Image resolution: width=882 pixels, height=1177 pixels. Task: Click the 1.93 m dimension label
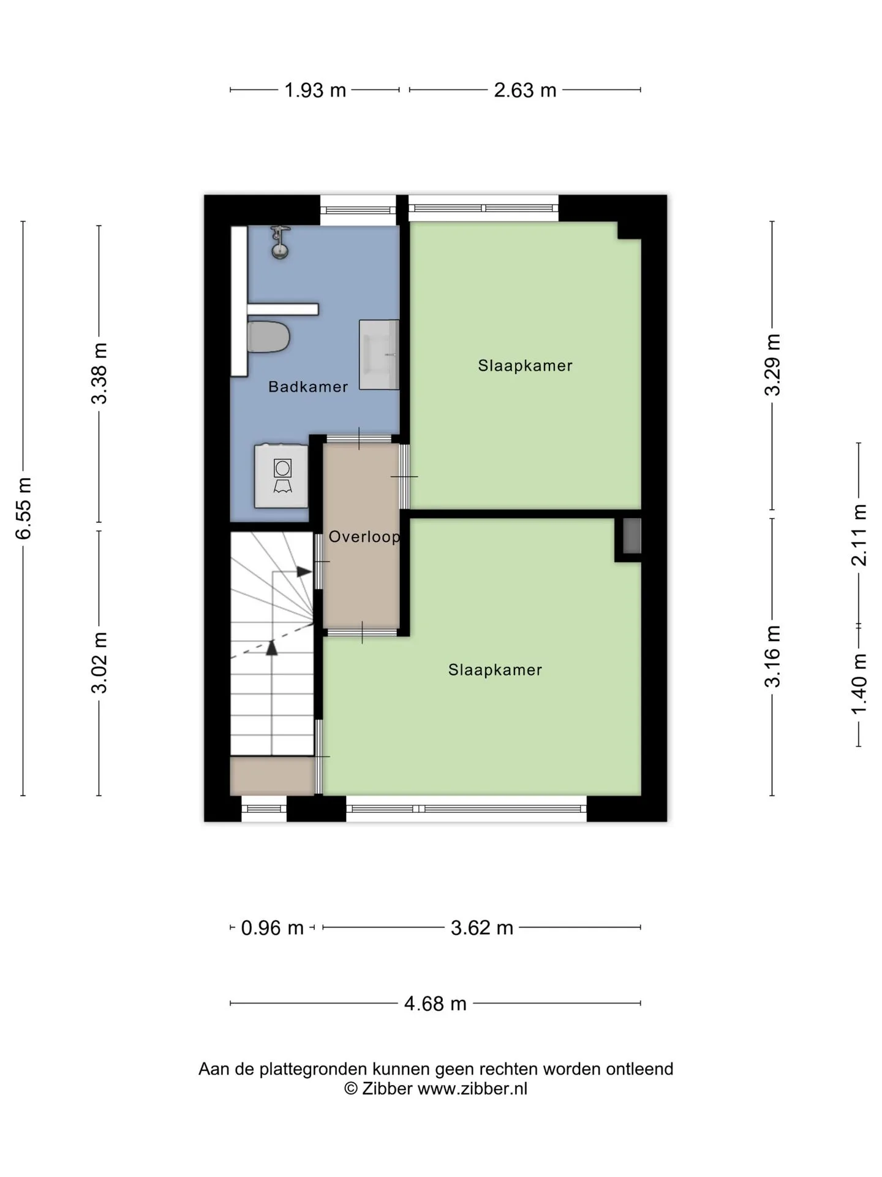tap(315, 90)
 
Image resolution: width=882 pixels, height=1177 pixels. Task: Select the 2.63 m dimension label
tap(525, 90)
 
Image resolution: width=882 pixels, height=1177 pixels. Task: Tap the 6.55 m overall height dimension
tap(23, 508)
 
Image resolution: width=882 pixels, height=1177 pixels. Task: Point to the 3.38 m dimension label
tap(99, 373)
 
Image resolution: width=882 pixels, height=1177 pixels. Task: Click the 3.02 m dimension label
tap(99, 662)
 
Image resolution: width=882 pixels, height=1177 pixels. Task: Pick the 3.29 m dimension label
tap(772, 365)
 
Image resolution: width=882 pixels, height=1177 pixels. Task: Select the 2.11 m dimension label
tap(859, 535)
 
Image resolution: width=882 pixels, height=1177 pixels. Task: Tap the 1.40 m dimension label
tap(859, 684)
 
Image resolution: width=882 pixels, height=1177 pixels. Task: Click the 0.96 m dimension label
tap(272, 928)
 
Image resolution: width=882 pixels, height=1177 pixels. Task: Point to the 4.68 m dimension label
tap(435, 1004)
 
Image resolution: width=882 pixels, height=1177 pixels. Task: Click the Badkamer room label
tap(308, 387)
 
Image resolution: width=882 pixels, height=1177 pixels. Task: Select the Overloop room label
tap(364, 537)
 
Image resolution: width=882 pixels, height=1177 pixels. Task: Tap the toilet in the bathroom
tap(268, 337)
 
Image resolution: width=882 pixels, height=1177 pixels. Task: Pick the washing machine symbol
tap(281, 476)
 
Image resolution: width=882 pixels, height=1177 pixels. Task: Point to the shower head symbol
tap(280, 242)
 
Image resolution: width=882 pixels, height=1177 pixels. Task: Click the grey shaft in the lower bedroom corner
tap(631, 536)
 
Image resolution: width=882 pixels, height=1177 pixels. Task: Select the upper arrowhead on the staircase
tap(304, 571)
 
